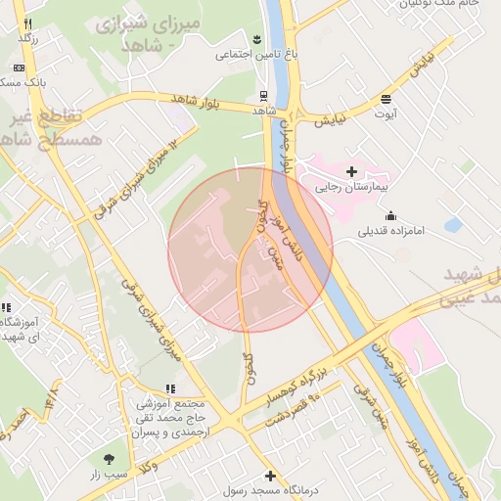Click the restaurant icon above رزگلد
(27, 23)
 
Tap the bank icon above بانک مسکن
(20, 68)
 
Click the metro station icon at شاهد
(262, 96)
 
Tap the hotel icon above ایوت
(387, 98)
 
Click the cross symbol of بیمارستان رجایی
(351, 171)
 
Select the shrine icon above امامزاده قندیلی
(391, 215)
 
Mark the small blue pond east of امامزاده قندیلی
(452, 225)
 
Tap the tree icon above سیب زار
(109, 458)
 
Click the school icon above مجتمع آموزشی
(169, 387)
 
